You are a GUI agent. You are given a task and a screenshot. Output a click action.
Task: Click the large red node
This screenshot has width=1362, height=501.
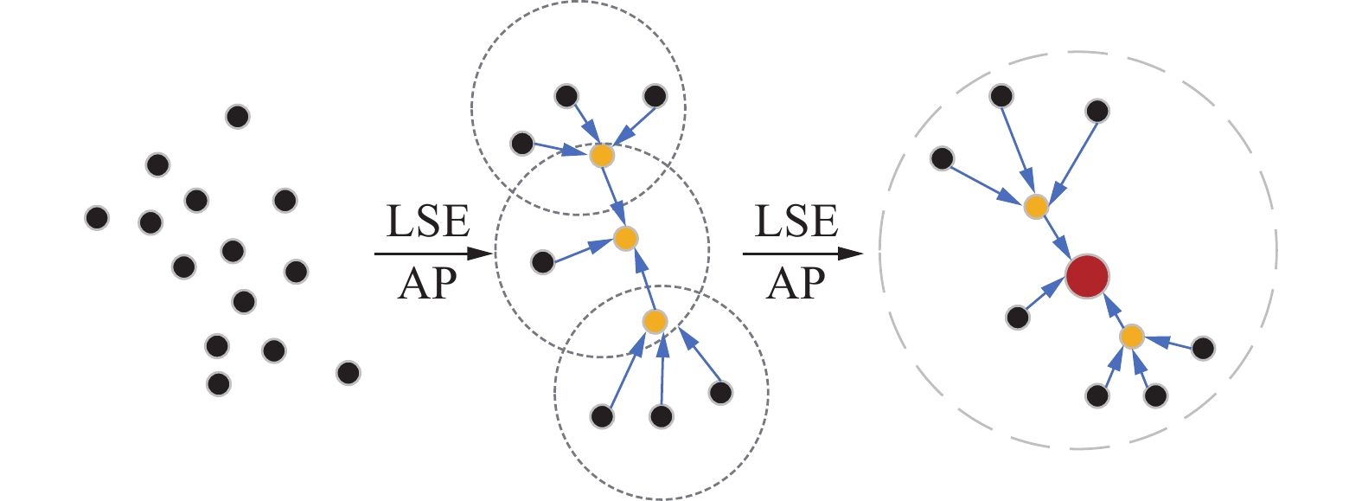click(1087, 277)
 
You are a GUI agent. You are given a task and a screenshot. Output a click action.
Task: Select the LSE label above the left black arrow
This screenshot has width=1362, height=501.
click(427, 222)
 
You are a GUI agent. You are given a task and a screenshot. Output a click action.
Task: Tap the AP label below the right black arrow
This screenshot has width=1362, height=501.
click(796, 283)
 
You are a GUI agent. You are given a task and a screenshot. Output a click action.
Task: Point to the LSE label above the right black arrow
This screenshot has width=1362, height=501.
click(796, 222)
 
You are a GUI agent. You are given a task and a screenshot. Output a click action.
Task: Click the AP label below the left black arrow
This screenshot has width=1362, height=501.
click(427, 283)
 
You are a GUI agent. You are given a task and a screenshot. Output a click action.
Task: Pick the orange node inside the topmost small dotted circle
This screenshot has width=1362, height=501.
click(602, 156)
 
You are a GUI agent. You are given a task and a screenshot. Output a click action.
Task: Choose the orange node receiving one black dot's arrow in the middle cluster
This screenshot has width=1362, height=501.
click(625, 238)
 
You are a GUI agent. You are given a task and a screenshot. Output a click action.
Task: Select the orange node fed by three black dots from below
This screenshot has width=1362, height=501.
click(655, 322)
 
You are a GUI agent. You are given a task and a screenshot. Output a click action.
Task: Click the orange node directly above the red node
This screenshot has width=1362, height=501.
click(1036, 206)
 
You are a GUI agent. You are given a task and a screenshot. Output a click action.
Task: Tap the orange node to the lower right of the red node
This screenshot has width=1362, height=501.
click(1132, 336)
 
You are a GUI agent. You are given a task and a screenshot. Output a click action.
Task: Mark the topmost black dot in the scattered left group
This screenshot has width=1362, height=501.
click(237, 116)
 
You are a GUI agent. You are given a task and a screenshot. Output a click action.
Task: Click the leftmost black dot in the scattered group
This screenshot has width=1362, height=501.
click(97, 218)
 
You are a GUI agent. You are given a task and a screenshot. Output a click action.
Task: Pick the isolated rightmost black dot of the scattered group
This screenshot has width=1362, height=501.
click(348, 373)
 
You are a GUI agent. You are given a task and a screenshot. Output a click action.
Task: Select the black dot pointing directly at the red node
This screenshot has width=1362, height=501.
click(1018, 318)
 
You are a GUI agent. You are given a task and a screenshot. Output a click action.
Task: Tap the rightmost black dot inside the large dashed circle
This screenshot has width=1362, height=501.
click(1203, 349)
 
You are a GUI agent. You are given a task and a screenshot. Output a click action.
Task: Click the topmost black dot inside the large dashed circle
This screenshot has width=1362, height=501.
click(1001, 95)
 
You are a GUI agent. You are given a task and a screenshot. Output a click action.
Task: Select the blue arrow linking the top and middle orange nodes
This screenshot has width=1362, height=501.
click(613, 196)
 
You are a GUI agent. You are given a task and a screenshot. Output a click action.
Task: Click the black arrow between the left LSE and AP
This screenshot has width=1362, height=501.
click(432, 254)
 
